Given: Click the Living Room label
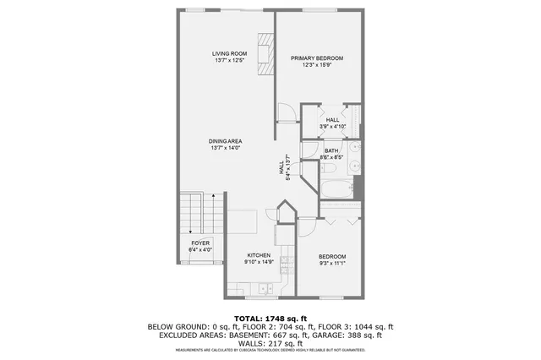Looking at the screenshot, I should click(x=228, y=53).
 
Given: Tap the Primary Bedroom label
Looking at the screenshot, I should click(x=317, y=58).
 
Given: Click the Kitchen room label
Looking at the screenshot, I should click(x=258, y=254).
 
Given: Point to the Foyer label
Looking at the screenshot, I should click(x=200, y=243).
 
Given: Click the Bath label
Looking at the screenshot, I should click(x=331, y=150).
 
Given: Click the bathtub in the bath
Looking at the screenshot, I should click(x=336, y=188).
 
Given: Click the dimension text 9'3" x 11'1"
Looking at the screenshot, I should click(x=332, y=264).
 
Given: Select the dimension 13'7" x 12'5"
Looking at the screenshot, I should click(x=228, y=61).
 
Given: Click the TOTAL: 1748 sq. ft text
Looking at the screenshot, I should click(x=270, y=317).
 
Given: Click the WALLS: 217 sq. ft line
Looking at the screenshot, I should click(x=270, y=343).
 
